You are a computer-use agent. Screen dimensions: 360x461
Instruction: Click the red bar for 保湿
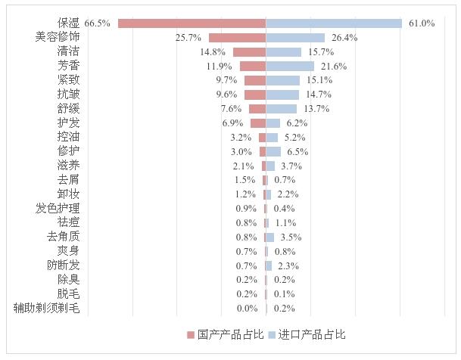coord(192,23)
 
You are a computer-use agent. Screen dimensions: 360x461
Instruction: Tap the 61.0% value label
coord(422,23)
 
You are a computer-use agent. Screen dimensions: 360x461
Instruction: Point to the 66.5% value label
coord(98,23)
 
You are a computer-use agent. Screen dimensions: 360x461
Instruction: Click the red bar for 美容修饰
coord(237,37)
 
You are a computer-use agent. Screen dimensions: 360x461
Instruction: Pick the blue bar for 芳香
coord(290,67)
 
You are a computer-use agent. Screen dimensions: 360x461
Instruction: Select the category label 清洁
coord(68,51)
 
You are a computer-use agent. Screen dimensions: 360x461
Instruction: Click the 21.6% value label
coord(334,67)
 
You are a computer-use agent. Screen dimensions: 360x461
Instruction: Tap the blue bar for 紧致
coord(283,80)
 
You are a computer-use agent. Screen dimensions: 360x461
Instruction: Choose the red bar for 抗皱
coord(255,95)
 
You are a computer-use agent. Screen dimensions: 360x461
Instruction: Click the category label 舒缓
coord(68,109)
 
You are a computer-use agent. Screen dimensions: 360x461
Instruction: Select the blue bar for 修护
coord(273,151)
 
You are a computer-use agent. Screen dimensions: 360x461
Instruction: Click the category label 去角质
coord(62,237)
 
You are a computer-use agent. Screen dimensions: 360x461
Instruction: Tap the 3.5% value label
coord(290,237)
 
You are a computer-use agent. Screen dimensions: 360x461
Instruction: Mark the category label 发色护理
coord(57,208)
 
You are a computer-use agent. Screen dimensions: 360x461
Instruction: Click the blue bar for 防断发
coord(269,265)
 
